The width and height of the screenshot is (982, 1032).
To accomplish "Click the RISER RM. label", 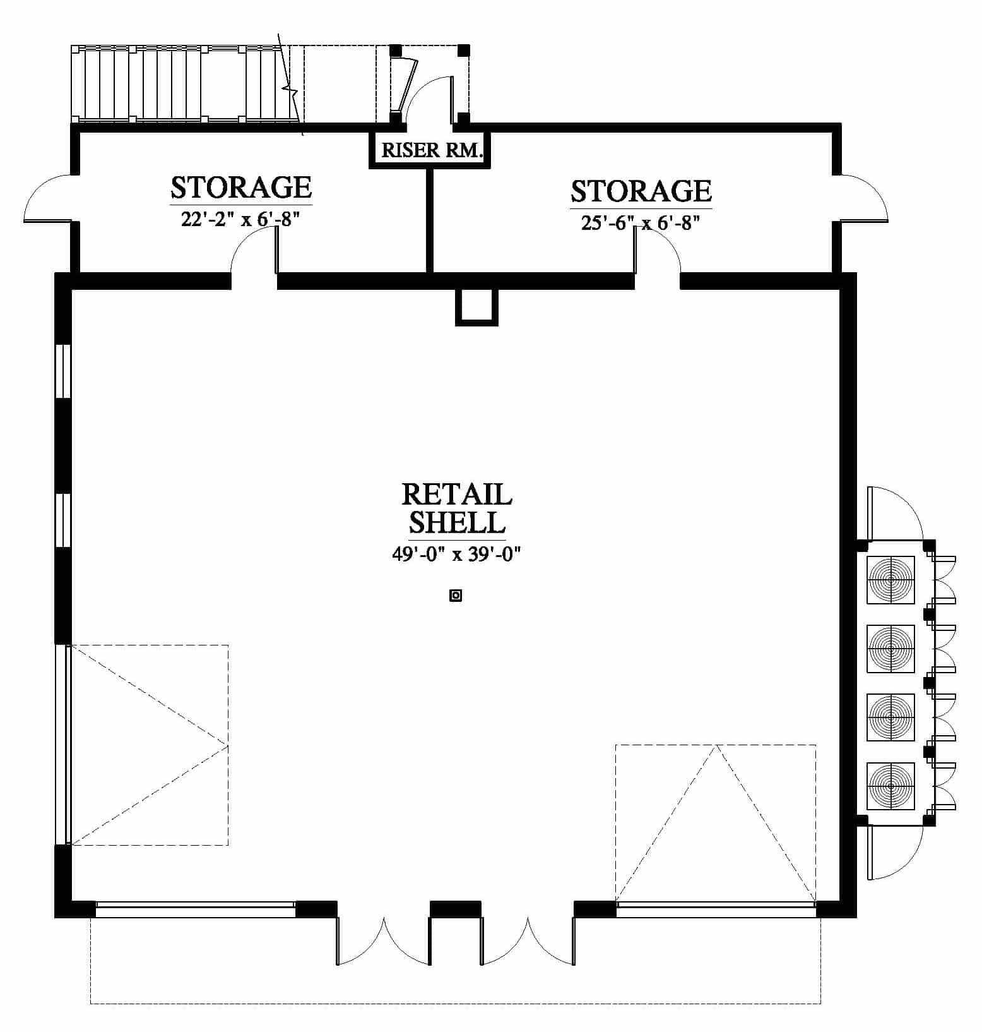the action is [432, 150].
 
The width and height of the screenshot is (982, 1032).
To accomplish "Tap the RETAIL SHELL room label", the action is [457, 508].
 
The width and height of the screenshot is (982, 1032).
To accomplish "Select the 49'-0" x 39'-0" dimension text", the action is [456, 554].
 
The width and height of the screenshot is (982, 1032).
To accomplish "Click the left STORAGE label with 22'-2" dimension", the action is [241, 188].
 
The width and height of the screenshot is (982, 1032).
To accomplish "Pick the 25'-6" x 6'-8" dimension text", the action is [641, 223].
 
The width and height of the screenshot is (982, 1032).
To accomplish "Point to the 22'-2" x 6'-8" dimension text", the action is [240, 219].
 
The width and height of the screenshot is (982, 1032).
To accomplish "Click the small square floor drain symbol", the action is [456, 595].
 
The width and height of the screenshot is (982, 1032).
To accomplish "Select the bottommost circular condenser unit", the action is [890, 786].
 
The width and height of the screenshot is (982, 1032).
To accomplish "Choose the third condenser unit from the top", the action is [890, 717].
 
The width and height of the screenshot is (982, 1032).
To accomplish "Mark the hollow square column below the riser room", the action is [477, 308].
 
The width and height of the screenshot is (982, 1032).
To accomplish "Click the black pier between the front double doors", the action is [455, 908].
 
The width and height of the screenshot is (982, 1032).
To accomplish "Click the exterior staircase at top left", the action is [186, 83].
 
